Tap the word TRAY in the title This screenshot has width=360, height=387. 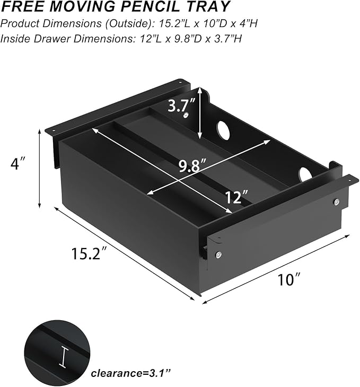[210, 7]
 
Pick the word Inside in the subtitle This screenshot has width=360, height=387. [16, 39]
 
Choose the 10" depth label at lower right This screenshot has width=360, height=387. [289, 279]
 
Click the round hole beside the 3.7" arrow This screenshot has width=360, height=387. [223, 130]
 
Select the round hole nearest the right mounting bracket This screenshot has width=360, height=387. [305, 174]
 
